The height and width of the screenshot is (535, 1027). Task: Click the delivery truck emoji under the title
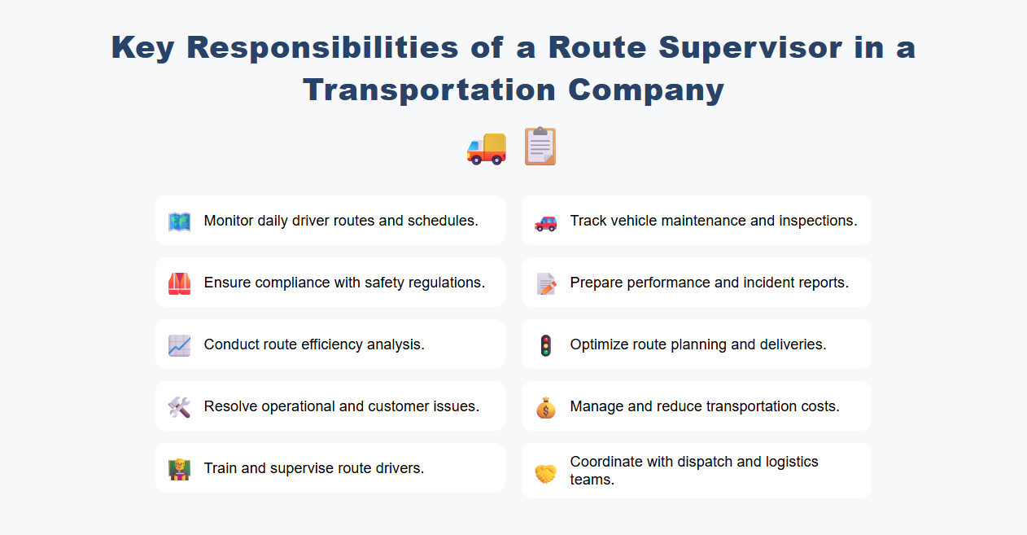coord(486,147)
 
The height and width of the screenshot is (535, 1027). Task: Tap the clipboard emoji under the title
coord(540,147)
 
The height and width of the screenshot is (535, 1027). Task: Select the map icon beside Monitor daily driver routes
coord(179,221)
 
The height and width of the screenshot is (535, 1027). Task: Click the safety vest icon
coord(179,283)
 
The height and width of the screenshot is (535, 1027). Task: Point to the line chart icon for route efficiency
coord(179,345)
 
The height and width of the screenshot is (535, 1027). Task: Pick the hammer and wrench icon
coord(179,407)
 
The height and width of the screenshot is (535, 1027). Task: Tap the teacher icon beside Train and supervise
coord(179,469)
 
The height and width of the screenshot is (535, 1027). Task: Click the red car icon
coord(545,221)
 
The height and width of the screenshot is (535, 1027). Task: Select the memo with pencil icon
coord(545,283)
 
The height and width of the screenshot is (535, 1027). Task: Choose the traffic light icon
coord(545,345)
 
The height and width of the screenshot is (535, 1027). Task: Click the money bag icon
coord(545,407)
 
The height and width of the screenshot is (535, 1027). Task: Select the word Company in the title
coord(652,90)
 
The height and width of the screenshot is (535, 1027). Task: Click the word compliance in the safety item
coord(292,283)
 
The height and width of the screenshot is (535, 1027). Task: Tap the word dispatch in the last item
coord(698,462)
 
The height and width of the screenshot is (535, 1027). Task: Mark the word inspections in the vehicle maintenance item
coord(817,221)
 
